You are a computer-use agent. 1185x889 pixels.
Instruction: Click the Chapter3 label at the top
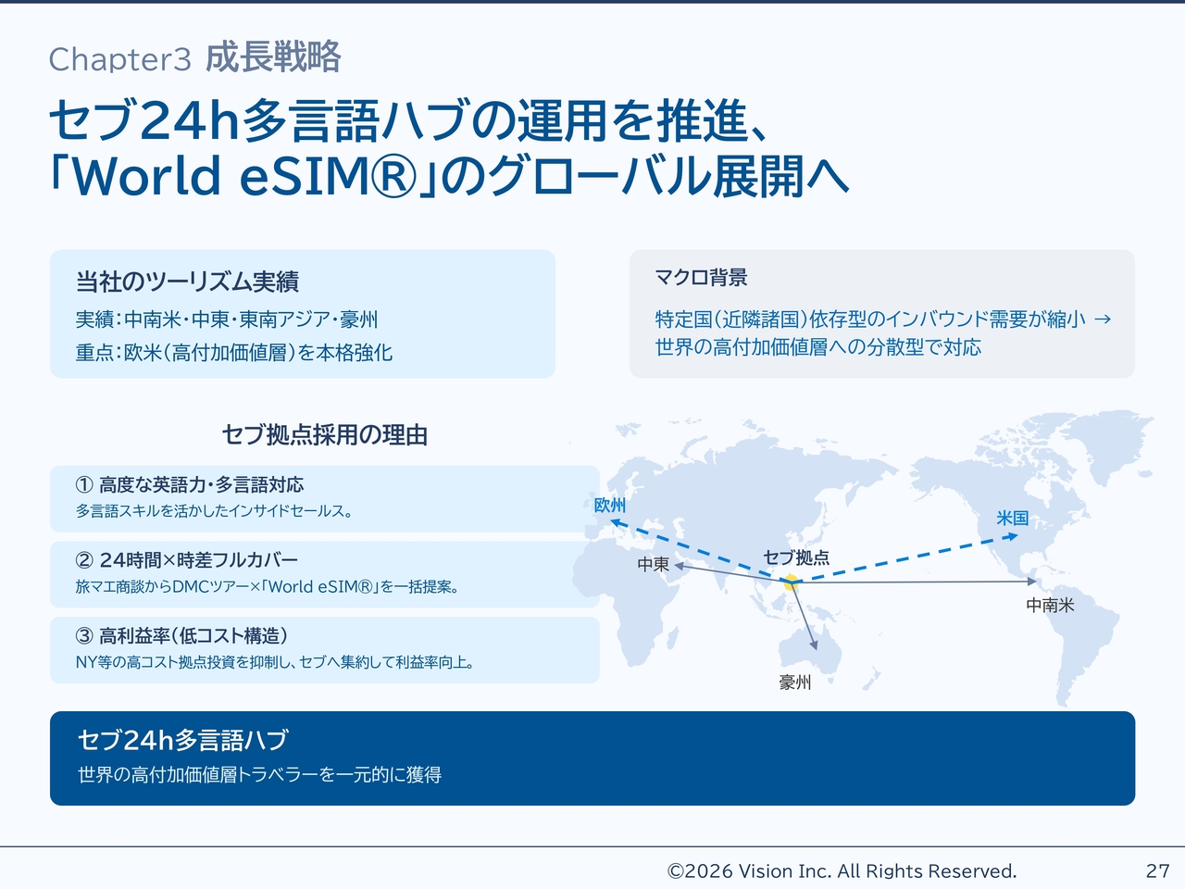pos(119,59)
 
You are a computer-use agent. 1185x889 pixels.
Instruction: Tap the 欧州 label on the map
pos(609,506)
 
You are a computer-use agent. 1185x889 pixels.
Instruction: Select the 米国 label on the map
pos(1012,519)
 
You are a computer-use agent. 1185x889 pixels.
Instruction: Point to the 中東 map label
pos(654,564)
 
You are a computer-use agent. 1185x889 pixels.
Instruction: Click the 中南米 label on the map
pos(1050,605)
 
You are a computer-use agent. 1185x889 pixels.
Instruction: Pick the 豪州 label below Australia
pos(794,682)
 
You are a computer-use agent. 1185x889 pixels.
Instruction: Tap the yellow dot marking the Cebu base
pos(791,582)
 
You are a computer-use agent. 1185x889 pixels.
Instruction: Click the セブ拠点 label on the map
pos(796,557)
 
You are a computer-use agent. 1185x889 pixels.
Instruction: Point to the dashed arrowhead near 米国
pos(1013,536)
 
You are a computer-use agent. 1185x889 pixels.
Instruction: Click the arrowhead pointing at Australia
pos(814,645)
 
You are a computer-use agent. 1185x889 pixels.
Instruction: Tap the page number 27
pos(1157,870)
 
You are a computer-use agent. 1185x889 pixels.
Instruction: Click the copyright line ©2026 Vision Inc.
pos(842,870)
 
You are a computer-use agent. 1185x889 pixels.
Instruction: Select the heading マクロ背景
pos(701,278)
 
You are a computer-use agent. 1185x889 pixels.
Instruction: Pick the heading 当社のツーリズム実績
pos(187,282)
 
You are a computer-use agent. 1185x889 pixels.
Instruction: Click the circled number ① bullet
pos(84,484)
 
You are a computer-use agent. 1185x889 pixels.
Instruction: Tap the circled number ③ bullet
pos(84,636)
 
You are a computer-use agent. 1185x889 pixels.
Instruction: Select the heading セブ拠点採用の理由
pos(324,434)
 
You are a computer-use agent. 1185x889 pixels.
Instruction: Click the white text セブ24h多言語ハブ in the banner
pos(183,740)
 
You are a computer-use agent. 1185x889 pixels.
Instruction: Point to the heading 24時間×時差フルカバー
pos(199,560)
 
